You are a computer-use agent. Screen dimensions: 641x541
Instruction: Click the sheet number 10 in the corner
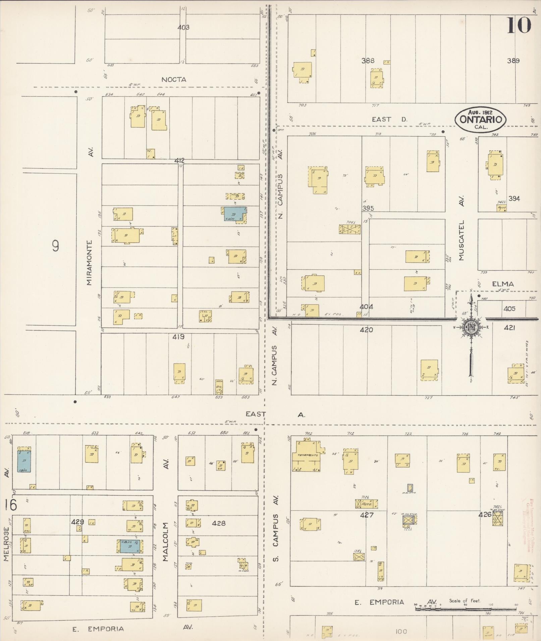(519, 25)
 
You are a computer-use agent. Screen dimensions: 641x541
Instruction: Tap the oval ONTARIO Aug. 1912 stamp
(480, 120)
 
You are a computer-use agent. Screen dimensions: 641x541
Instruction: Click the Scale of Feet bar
(465, 608)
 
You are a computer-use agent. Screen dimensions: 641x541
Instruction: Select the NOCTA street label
(174, 80)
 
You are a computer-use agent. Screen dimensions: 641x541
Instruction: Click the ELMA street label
(503, 284)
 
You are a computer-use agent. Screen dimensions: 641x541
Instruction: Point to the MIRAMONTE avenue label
(89, 262)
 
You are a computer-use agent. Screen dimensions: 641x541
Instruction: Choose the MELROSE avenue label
(6, 544)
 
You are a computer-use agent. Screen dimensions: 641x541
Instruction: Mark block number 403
(183, 27)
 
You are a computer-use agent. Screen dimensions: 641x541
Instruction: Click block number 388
(368, 61)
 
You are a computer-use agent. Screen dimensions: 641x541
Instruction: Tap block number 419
(178, 337)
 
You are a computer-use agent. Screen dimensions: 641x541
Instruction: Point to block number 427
(367, 515)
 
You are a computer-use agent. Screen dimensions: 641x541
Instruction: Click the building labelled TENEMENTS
(308, 455)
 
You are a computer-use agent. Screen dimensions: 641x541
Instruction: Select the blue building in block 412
(235, 214)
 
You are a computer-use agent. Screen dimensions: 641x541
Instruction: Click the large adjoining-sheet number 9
(56, 246)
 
